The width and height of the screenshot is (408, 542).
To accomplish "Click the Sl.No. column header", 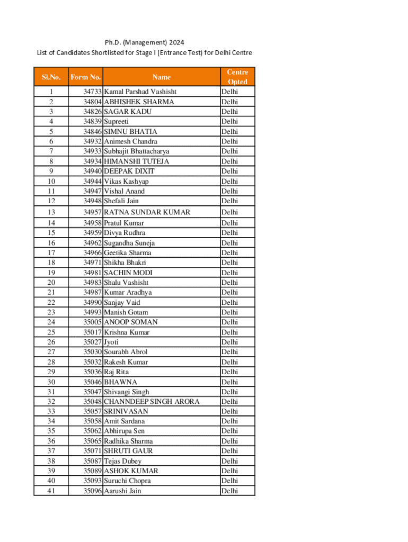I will (50, 77).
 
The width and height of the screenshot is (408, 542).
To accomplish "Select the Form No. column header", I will (85, 77).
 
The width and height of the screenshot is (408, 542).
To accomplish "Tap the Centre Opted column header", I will (237, 77).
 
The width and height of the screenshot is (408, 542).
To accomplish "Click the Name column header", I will (161, 77).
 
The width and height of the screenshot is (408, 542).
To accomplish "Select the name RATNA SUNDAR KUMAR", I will (147, 212).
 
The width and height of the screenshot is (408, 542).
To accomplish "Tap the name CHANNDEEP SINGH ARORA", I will (152, 402).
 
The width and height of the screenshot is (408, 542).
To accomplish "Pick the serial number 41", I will (51, 491).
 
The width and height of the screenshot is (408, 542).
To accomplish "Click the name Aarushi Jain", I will (122, 491).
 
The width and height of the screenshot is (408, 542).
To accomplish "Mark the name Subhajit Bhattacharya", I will (137, 151).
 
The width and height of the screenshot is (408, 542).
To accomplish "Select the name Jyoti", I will (111, 342).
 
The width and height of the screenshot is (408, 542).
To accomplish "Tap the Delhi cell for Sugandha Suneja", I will (229, 243).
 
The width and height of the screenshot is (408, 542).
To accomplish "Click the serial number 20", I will (51, 283).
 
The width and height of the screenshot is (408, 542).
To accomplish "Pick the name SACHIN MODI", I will (128, 273).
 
